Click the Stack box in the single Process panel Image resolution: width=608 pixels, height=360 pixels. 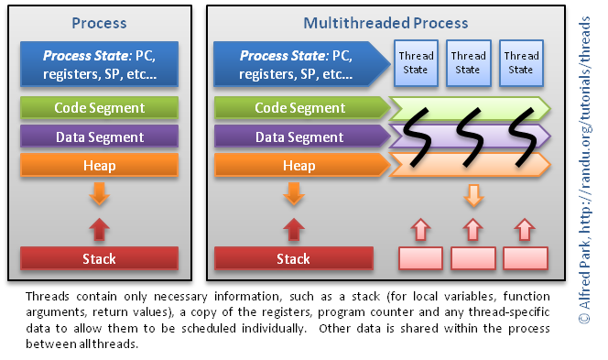98,258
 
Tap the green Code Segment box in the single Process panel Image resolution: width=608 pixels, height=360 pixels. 98,108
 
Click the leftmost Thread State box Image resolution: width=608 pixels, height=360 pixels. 416,62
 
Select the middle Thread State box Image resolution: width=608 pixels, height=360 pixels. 468,62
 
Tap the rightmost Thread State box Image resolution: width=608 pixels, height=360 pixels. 520,62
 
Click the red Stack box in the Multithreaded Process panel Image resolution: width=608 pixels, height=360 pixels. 293,258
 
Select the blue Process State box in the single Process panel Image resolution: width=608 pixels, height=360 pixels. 98,62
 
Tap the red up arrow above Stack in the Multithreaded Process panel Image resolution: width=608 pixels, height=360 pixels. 293,228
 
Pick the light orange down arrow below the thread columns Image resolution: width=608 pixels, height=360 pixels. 472,195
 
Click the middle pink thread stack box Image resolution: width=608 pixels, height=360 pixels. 472,258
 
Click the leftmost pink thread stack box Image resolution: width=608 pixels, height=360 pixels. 420,258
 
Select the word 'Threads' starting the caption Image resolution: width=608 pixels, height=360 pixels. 47,297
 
